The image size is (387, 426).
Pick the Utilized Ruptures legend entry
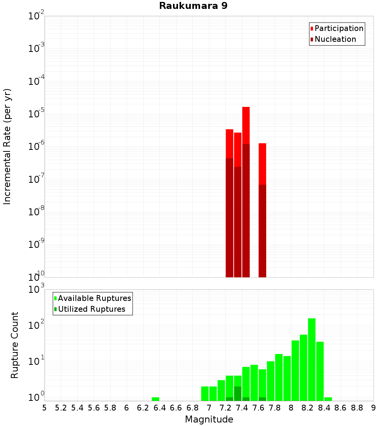91,309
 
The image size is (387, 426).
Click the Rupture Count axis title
15,345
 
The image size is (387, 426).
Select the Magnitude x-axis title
209,419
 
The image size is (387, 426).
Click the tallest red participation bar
246,124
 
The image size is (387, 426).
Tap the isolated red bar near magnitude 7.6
262,163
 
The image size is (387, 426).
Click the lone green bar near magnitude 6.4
156,399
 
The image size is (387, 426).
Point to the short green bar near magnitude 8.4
328,399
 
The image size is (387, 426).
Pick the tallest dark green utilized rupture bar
238,393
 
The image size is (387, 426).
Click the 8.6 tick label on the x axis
341,408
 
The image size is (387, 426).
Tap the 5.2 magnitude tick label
61,408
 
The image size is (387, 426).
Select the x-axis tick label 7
209,408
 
